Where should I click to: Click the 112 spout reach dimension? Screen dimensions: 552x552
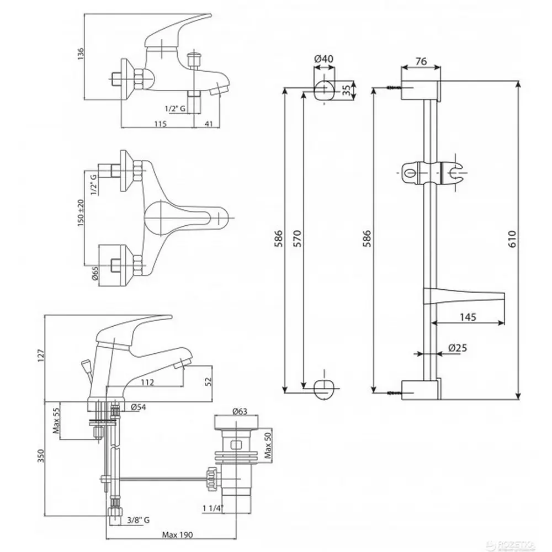pos(146,382)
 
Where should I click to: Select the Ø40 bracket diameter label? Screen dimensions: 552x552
pos(324,60)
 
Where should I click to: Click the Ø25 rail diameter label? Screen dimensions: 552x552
pos(458,348)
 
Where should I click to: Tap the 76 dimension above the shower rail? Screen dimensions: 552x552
pos(420,62)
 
